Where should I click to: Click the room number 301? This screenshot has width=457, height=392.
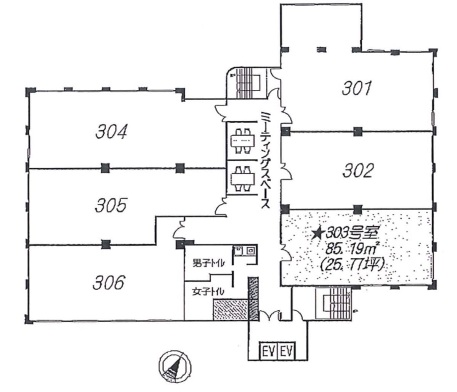coord(357,88)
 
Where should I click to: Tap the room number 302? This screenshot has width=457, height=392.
coord(358,171)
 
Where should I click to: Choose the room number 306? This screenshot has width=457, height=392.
coord(109,282)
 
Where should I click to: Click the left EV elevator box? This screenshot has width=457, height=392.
coord(269,351)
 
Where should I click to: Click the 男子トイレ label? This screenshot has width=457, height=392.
coord(209,263)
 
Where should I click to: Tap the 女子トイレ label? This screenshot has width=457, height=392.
coord(208,291)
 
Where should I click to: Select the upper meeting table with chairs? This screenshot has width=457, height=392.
coord(242,141)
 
